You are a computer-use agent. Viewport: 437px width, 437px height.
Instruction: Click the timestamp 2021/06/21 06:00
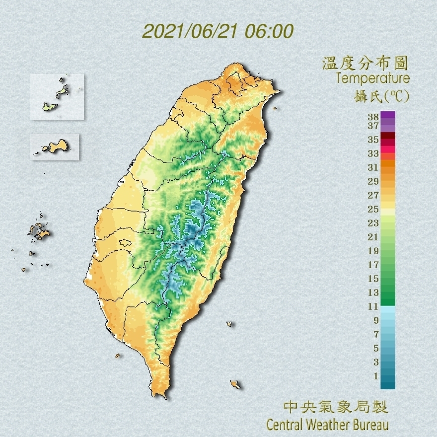click(x=218, y=31)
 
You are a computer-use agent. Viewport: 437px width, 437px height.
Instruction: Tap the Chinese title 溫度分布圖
click(x=365, y=63)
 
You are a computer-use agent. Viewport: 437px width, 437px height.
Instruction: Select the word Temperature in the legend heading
click(x=372, y=78)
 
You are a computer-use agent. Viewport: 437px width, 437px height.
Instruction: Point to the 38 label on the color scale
click(x=373, y=117)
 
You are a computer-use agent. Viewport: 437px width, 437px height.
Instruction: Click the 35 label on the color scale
click(x=373, y=140)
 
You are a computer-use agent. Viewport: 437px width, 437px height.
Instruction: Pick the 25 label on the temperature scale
click(x=373, y=209)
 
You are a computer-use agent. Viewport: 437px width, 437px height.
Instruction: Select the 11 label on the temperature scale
click(x=373, y=306)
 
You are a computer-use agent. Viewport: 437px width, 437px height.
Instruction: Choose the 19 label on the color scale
click(x=373, y=251)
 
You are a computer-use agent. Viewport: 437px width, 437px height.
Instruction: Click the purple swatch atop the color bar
click(x=388, y=115)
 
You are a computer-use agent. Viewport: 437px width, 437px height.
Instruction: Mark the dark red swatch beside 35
click(x=388, y=136)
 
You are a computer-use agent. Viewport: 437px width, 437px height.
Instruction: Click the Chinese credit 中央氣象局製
click(x=335, y=408)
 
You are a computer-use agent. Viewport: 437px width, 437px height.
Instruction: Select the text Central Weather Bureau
click(x=327, y=425)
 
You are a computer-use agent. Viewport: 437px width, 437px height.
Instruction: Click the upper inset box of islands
click(x=57, y=97)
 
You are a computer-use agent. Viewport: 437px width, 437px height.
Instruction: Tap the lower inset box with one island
click(x=55, y=146)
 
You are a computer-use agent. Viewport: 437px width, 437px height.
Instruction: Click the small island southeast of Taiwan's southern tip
click(x=235, y=384)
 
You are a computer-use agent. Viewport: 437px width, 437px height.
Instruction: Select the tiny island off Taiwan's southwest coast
click(x=118, y=355)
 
